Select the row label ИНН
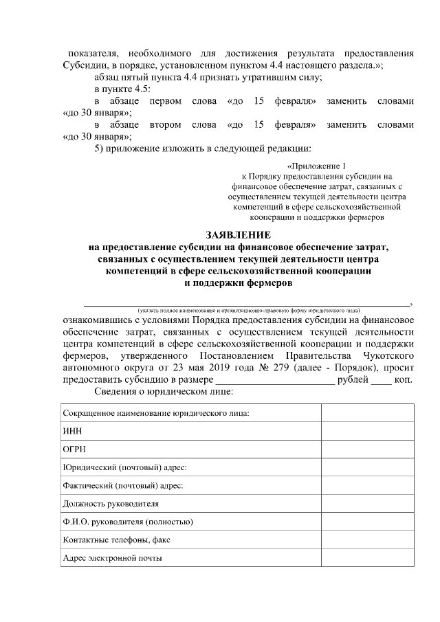coord(71,431)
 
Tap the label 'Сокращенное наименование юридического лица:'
coord(155,412)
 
